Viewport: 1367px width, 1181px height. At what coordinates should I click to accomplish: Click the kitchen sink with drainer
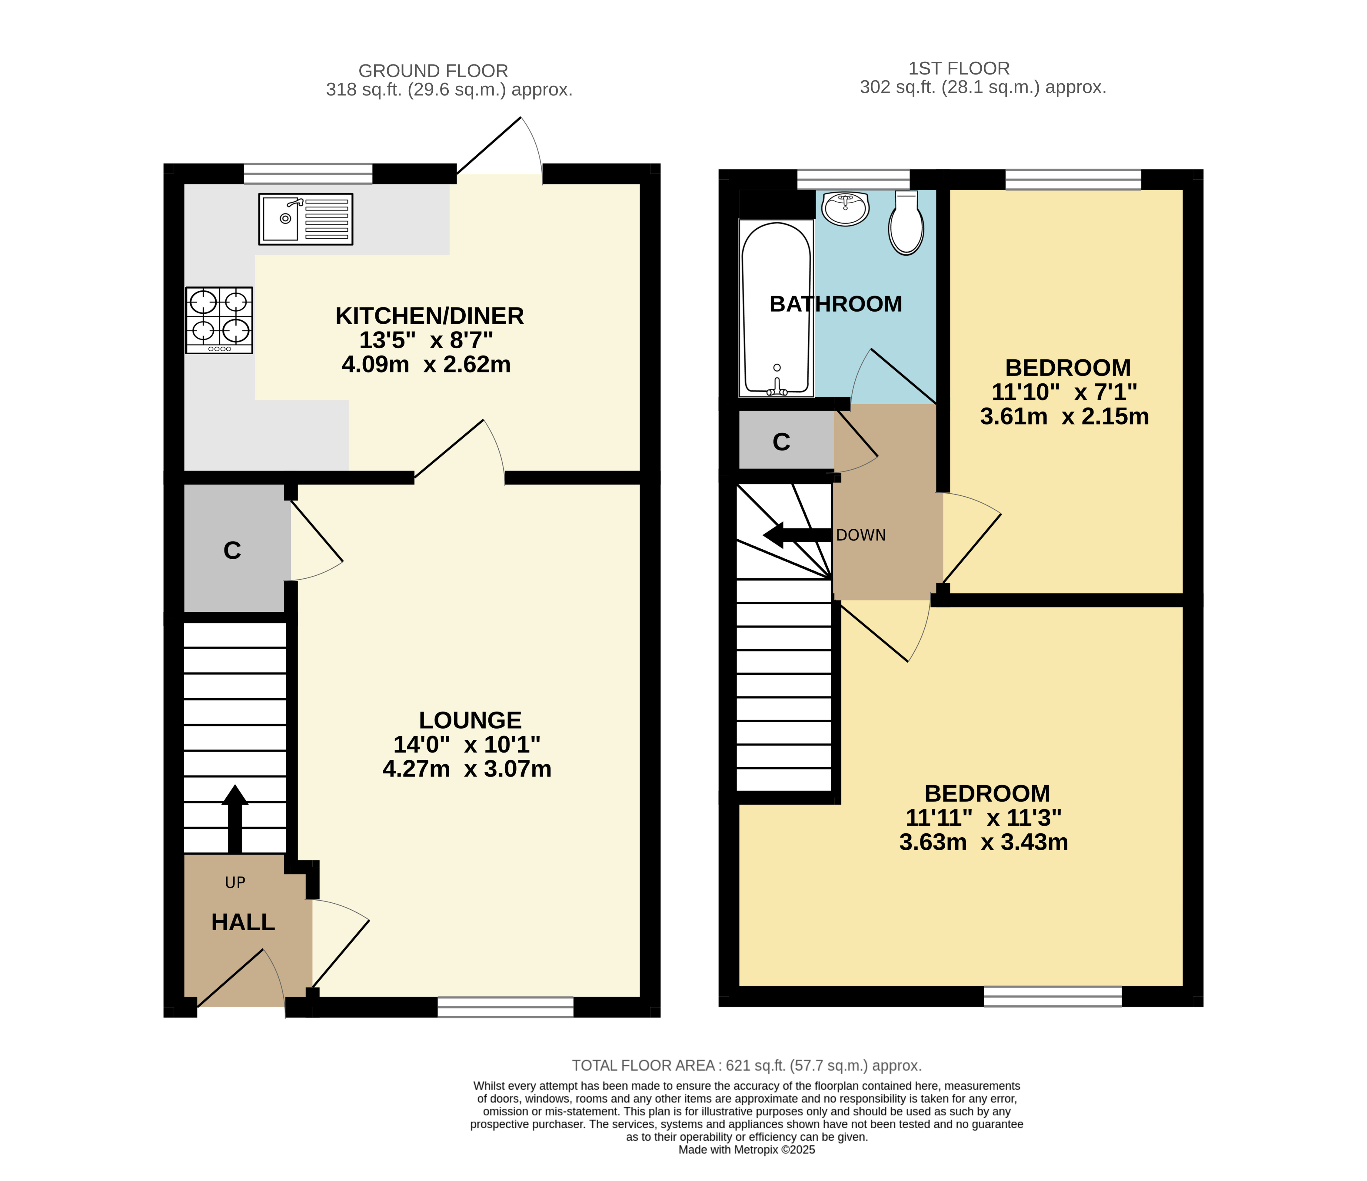(x=305, y=219)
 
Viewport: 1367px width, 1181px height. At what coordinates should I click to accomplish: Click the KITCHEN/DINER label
(x=430, y=316)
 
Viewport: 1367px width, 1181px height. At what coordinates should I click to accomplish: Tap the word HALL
(x=243, y=922)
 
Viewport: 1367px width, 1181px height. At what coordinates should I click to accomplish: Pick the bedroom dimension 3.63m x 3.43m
(x=984, y=842)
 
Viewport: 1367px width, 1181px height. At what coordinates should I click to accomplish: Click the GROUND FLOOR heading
(x=434, y=71)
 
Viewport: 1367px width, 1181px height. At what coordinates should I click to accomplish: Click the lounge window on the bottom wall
(x=505, y=1007)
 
